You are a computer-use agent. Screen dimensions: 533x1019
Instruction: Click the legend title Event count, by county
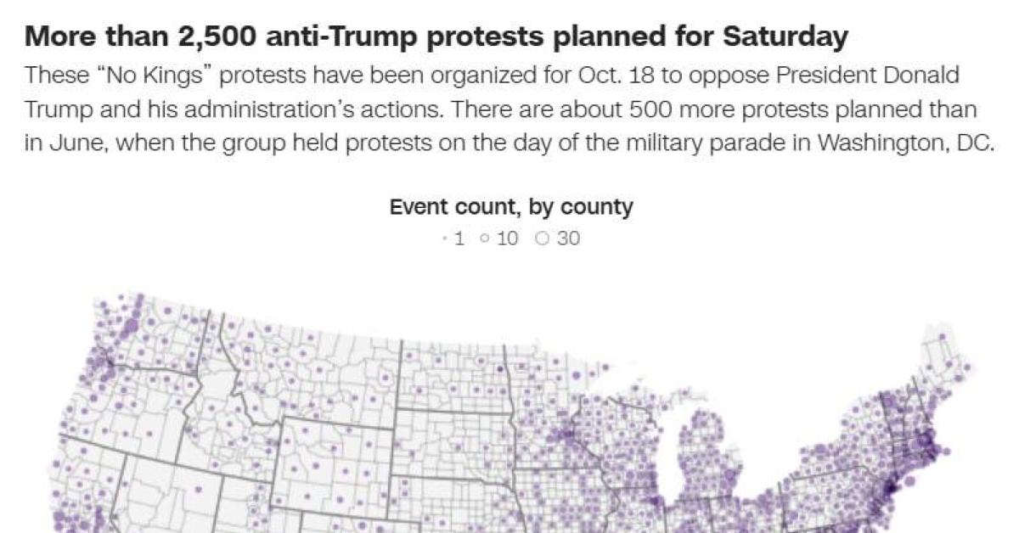point(511,206)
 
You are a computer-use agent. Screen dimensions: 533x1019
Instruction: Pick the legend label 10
point(507,238)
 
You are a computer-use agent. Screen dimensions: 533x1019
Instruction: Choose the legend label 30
point(569,238)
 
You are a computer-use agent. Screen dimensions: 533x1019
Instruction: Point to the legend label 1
point(459,238)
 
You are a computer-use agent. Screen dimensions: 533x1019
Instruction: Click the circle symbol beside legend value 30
point(543,238)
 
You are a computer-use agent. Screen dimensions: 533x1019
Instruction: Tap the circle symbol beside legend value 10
point(484,238)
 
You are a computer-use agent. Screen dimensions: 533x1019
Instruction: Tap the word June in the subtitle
point(76,142)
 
